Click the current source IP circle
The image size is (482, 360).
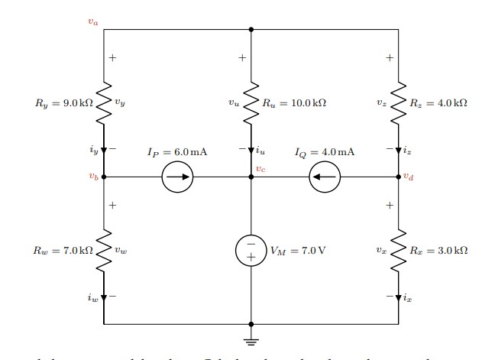[177, 177]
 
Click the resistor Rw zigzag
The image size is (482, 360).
[104, 250]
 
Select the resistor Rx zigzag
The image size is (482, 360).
[398, 250]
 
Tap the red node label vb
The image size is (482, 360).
[93, 177]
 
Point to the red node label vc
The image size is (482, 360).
[260, 169]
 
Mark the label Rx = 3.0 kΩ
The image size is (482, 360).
[438, 250]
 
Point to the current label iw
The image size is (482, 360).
[93, 298]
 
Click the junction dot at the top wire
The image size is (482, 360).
[251, 30]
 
